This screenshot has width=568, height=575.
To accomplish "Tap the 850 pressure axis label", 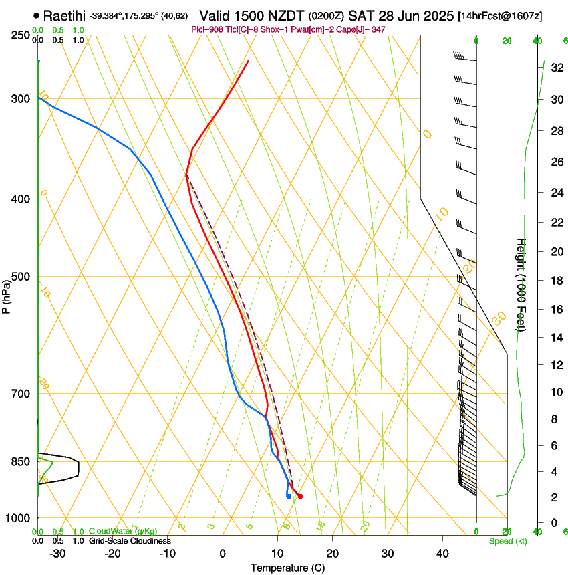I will coord(20,462).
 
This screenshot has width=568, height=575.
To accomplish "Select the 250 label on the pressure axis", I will coord(20,35).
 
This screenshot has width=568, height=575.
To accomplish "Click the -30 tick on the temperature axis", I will coord(57,554).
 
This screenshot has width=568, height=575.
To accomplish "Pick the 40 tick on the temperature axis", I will coord(442,554).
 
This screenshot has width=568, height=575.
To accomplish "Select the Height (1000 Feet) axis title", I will coord(522,284).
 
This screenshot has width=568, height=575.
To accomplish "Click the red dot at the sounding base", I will coord(300,496).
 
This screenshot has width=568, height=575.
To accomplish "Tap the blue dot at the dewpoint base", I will coord(288,496).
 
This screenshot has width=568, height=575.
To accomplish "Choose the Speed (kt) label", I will coord(507,541).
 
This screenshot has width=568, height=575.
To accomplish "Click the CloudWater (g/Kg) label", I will coord(123,532).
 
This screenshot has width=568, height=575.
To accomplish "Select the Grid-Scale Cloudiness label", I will coord(130,541).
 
